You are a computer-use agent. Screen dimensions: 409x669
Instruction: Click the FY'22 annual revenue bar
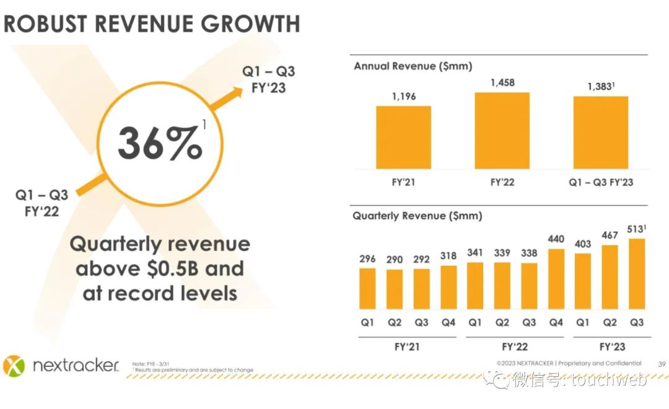coord(502,131)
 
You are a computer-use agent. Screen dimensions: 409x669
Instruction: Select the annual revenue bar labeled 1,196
coord(403,138)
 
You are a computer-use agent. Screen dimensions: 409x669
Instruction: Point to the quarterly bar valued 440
coord(556,279)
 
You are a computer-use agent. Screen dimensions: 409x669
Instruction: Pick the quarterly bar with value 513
coord(637,274)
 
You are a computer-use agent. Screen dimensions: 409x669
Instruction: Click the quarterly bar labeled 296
coord(367,289)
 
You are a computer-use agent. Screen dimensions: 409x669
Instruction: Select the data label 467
coord(610,235)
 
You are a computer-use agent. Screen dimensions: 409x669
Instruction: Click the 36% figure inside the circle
coord(160,144)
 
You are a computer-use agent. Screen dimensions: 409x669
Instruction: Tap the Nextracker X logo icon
coord(14,366)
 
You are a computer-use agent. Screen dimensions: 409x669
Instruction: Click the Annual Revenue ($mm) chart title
coord(413,66)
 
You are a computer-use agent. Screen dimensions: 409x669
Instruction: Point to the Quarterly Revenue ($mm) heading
coord(417,216)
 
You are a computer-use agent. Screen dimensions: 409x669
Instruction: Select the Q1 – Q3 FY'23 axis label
coord(600,182)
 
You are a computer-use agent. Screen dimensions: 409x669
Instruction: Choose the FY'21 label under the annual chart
coord(403,182)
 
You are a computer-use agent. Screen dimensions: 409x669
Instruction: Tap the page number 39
coord(662,364)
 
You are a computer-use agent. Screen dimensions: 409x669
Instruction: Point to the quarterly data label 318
coord(448,255)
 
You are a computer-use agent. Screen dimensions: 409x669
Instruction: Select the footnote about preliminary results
coord(193,370)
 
